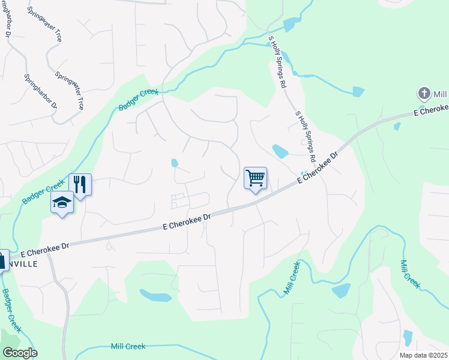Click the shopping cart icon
coord(256,178)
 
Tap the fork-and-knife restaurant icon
coord(80,184)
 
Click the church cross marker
coord(424,94)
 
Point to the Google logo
coord(19,353)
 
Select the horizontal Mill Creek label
coord(128,346)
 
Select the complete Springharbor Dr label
coord(40,91)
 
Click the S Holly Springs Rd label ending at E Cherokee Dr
coord(305,137)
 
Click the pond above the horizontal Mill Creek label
coord(155,295)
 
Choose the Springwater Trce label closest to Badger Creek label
coord(68,90)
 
